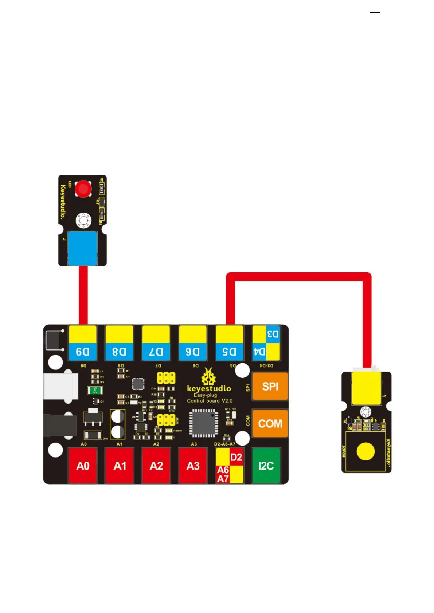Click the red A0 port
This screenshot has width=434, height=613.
[x=83, y=466]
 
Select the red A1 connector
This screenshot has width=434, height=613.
[x=120, y=466]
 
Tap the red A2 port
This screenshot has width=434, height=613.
[x=156, y=466]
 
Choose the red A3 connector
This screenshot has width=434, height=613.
[x=193, y=466]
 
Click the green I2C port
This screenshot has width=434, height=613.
[x=266, y=466]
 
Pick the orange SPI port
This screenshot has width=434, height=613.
[x=270, y=386]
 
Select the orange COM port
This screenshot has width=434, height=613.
[x=270, y=423]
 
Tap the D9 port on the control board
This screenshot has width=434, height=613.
[x=83, y=343]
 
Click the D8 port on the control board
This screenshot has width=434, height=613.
[x=119, y=343]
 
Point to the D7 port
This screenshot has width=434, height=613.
[x=156, y=343]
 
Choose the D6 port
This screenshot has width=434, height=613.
[x=193, y=343]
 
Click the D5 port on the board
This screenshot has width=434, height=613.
[x=230, y=343]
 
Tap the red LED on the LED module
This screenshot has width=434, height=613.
[x=83, y=189]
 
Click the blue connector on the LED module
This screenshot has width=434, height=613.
[x=83, y=248]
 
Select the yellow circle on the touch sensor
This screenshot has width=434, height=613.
[x=365, y=451]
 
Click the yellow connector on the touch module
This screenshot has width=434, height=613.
[x=366, y=388]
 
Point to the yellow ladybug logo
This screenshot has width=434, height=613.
[x=208, y=377]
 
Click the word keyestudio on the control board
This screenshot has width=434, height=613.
[x=209, y=389]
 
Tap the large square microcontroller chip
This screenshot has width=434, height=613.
[x=204, y=423]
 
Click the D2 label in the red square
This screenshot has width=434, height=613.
[x=236, y=457]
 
